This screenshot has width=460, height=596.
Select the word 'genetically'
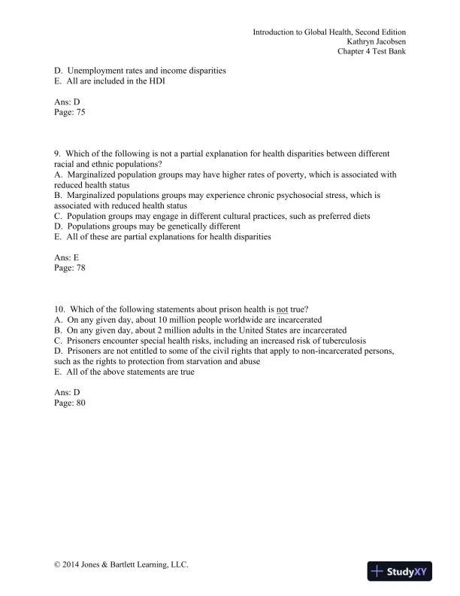coord(186,226)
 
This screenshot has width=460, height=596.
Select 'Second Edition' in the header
coord(380,32)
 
